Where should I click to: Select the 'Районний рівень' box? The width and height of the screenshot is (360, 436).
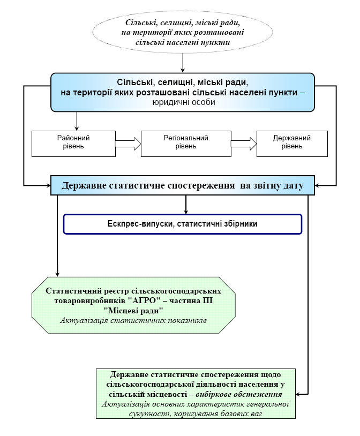pyautogui.click(x=73, y=142)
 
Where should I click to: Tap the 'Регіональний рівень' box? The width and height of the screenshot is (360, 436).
pyautogui.click(x=186, y=142)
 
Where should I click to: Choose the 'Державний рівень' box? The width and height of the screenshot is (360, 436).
pyautogui.click(x=292, y=142)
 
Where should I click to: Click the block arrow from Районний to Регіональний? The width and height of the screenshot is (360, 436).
pyautogui.click(x=128, y=143)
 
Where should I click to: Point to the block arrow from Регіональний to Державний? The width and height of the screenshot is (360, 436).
pyautogui.click(x=244, y=143)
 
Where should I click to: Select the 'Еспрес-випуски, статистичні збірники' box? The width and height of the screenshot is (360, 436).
pyautogui.click(x=183, y=224)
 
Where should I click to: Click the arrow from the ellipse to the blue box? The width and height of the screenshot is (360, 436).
pyautogui.click(x=183, y=63)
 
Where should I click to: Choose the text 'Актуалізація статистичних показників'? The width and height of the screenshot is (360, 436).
pyautogui.click(x=134, y=320)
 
